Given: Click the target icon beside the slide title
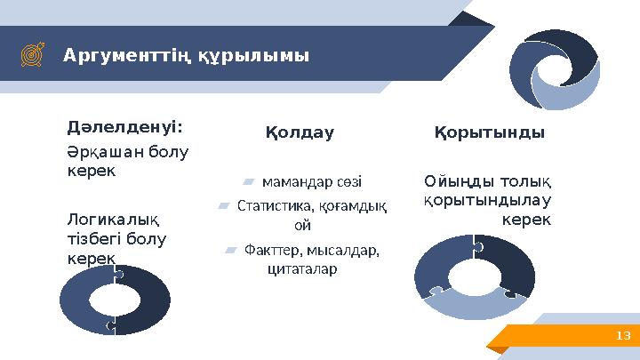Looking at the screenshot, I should [30, 56].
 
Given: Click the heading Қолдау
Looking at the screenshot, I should [300, 133].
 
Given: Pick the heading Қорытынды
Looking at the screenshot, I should [489, 132].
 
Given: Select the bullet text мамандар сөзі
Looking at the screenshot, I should [312, 181].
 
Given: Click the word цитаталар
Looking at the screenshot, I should [302, 268].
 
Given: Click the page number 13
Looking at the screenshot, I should [622, 335].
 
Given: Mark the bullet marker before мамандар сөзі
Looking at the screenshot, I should [249, 182].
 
